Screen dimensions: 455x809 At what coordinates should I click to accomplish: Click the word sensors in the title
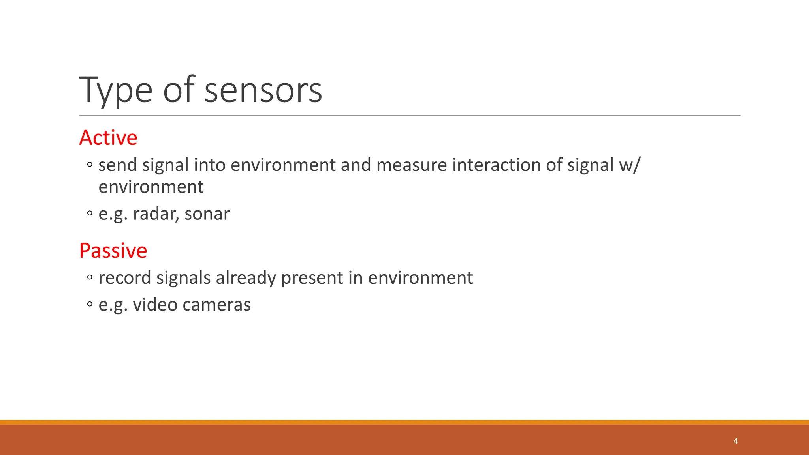tap(263, 91)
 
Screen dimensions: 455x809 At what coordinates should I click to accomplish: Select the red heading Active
tap(108, 138)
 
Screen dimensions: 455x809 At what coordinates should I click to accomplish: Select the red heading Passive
tap(113, 251)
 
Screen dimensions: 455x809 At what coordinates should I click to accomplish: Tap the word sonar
tap(207, 214)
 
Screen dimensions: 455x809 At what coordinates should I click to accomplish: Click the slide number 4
tap(735, 441)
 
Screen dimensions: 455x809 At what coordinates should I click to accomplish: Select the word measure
tap(411, 165)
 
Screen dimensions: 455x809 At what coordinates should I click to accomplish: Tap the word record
tap(125, 278)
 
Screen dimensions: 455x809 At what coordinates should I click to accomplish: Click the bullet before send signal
tap(90, 165)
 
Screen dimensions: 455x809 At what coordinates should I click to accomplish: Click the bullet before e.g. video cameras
tap(90, 305)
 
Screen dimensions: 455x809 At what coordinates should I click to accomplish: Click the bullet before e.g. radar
tap(90, 214)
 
